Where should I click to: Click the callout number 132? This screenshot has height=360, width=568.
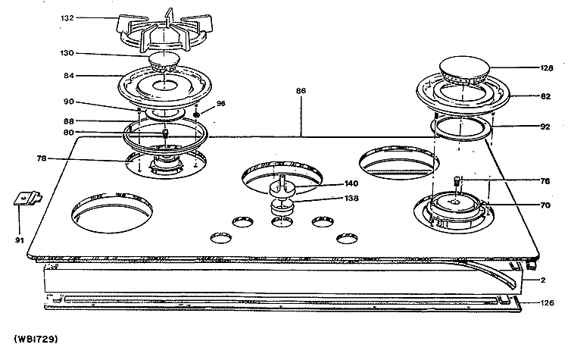click(67, 17)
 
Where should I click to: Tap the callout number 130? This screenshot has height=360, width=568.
click(67, 53)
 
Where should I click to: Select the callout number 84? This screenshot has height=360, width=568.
click(69, 75)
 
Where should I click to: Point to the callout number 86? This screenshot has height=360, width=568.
click(301, 91)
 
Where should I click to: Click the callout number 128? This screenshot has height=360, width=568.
click(547, 67)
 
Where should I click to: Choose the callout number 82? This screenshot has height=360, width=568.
click(545, 96)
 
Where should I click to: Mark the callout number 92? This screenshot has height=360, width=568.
click(545, 127)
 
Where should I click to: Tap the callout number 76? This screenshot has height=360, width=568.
click(545, 181)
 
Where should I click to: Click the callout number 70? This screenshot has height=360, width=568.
click(545, 205)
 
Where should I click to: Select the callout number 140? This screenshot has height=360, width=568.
click(351, 183)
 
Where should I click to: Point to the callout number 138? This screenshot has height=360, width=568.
click(351, 199)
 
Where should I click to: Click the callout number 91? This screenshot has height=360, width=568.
click(20, 240)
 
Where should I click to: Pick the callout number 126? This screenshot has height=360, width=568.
click(547, 302)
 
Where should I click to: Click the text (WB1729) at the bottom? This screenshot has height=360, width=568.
click(36, 340)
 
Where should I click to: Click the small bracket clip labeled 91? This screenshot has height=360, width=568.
click(28, 198)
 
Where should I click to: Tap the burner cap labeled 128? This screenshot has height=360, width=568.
click(464, 70)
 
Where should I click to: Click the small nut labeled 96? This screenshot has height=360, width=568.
click(197, 114)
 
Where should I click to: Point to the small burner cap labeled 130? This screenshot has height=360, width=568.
click(164, 61)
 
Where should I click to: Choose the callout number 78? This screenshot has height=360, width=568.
click(42, 158)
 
